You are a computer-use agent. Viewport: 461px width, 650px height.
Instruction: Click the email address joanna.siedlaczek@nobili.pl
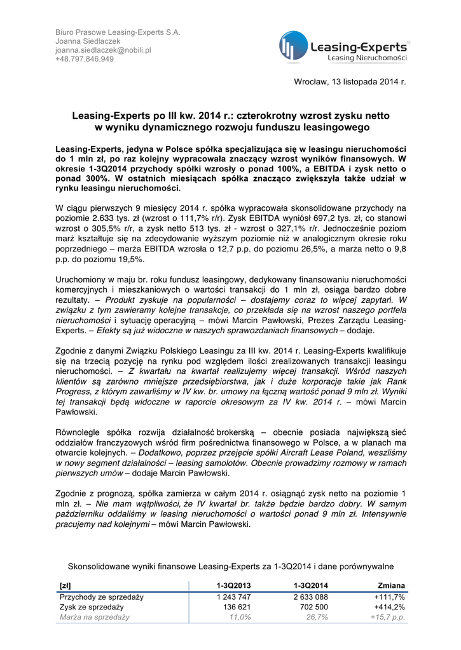click(x=103, y=50)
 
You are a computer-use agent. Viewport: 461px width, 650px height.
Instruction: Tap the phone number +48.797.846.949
click(x=85, y=59)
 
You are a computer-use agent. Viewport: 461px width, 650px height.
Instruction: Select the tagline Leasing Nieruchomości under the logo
click(x=367, y=58)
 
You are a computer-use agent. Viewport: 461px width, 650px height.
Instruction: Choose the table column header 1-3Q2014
click(x=311, y=585)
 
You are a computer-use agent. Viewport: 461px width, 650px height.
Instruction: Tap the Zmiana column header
click(x=390, y=585)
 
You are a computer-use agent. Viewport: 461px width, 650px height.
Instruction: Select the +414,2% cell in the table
click(x=389, y=607)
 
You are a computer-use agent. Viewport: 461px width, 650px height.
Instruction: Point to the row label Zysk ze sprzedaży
click(x=92, y=607)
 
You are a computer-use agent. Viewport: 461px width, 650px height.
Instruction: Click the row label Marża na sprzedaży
click(x=95, y=617)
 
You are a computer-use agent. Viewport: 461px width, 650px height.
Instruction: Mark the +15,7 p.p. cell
click(x=388, y=617)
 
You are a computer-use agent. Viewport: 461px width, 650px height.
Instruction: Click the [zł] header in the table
click(x=65, y=585)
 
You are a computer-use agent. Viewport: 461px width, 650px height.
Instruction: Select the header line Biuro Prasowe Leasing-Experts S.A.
click(x=118, y=31)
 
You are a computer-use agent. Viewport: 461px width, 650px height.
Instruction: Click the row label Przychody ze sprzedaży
click(x=102, y=597)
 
